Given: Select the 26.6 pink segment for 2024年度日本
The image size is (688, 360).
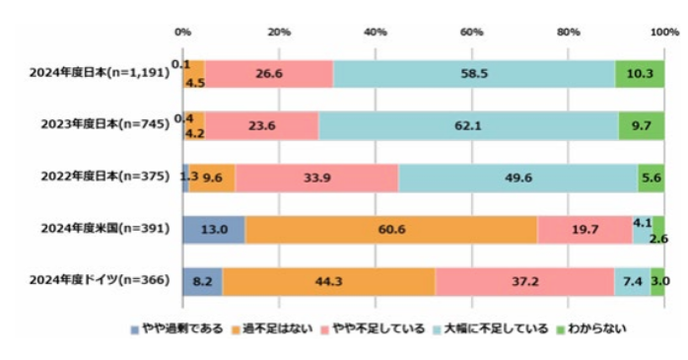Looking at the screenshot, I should (268, 73).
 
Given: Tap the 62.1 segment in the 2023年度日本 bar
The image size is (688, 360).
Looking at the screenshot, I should (468, 125).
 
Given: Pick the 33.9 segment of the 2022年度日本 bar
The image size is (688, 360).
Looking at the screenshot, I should (317, 177).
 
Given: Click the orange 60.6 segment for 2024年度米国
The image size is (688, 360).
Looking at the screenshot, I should (390, 229).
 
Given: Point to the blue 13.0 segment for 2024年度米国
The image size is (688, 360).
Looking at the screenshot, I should (214, 229).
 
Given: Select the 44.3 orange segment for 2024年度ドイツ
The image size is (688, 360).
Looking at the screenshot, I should (329, 281).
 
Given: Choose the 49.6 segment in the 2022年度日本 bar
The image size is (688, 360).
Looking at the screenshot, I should (517, 177).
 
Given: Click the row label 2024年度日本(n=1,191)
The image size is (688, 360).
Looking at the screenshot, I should (103, 73).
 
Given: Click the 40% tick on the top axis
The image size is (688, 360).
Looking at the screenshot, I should (376, 32).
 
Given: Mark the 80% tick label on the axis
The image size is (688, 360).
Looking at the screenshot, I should (568, 32).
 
